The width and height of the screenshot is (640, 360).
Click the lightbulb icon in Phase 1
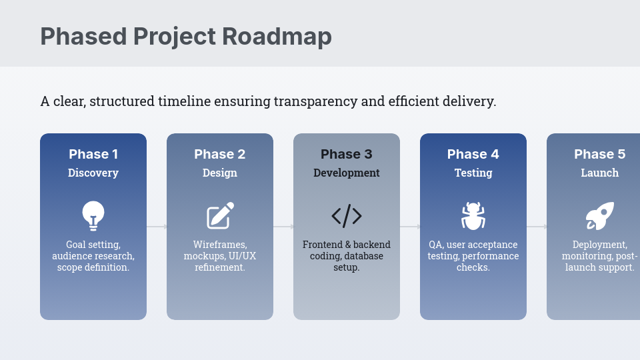pos(93,215)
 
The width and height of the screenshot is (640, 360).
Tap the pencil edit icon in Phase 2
pos(221,215)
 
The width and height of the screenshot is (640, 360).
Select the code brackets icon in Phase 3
pos(347,215)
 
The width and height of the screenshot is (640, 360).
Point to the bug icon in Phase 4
pos(473,215)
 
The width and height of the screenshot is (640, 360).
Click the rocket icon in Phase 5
pos(600,215)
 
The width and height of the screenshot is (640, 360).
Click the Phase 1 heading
pos(93,154)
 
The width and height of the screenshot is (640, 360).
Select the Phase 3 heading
pos(347,154)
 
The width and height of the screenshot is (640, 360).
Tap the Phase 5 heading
pos(599,154)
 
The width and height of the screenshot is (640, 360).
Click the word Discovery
pos(93,173)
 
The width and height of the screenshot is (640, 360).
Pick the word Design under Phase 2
pos(220,173)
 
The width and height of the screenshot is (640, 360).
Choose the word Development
pos(347,173)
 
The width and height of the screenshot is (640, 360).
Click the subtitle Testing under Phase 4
pos(473,173)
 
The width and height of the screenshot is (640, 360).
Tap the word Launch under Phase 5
pos(599,173)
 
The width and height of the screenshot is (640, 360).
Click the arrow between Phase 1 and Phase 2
pos(157,227)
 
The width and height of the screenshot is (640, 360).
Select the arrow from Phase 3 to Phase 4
pos(410,227)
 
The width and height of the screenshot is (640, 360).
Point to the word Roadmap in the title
pos(277,36)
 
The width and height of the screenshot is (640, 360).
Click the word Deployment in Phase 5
pos(599,245)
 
